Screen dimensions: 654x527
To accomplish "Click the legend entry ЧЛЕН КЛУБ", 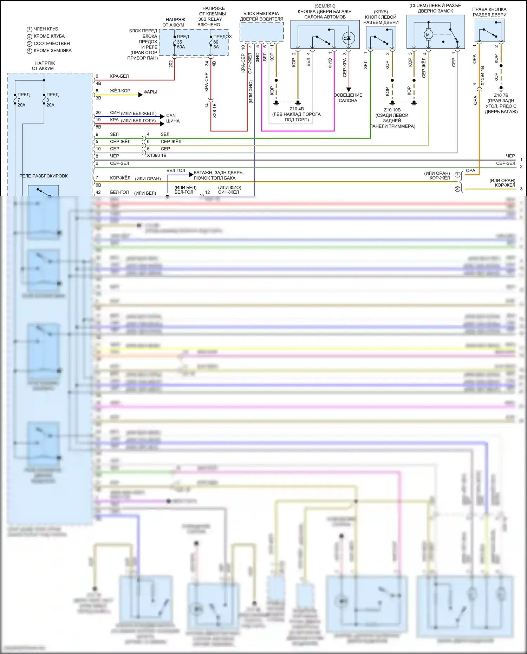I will (x=46, y=29).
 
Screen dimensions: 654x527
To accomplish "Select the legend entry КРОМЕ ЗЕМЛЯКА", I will (x=52, y=51).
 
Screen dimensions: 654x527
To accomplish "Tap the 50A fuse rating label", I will (x=181, y=47).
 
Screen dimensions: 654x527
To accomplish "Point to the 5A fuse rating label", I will (x=216, y=47).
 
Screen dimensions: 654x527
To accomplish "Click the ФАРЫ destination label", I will (x=150, y=92).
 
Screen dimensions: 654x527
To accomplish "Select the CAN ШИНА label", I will (x=172, y=118).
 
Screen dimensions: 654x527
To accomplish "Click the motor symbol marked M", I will (x=428, y=35).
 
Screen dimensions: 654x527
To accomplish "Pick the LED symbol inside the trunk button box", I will (x=348, y=38).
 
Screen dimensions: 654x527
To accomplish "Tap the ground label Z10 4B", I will (x=297, y=109).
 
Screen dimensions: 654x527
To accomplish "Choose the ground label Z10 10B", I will (x=392, y=110).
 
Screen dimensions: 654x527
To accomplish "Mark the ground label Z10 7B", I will (x=501, y=95).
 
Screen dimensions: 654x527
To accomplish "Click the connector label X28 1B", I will (x=215, y=110).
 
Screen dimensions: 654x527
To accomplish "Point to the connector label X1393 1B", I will (x=157, y=155).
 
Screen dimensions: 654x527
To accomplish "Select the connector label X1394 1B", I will (x=482, y=76).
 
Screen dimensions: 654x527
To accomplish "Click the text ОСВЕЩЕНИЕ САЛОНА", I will (x=348, y=98).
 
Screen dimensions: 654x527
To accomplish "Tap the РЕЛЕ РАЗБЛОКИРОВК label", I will (x=44, y=176).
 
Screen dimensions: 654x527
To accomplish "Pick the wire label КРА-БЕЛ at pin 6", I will (x=119, y=76).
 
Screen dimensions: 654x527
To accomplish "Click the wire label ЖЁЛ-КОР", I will (x=120, y=91).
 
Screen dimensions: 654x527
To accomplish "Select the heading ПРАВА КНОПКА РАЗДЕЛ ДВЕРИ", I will (x=489, y=12).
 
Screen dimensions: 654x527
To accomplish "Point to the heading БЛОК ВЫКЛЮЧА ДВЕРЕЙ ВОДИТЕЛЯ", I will (x=261, y=16).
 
